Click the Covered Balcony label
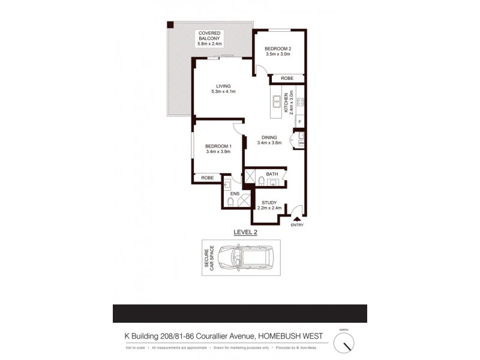point(210,33)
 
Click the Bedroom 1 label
point(217,146)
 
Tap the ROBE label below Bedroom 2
point(287,78)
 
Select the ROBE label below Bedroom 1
point(208,178)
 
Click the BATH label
point(272,174)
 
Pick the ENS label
point(235,194)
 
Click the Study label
point(268,203)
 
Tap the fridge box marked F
point(299,124)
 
